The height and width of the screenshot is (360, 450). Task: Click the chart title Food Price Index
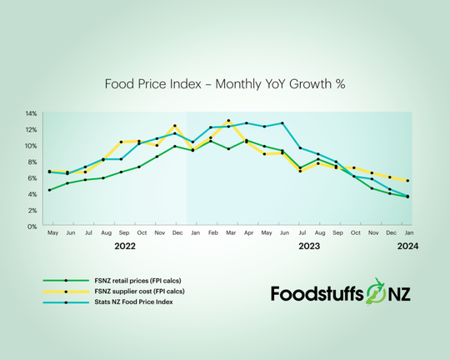pos(225,83)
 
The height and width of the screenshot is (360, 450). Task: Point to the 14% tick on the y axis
pos(31,113)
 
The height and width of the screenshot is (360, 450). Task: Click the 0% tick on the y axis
pos(32,227)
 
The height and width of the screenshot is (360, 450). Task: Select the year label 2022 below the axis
pos(124,247)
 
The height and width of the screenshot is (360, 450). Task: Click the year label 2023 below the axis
pos(310,247)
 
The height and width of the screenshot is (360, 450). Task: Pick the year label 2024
pos(407,247)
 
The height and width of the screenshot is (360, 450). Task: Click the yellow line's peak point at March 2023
pos(228,121)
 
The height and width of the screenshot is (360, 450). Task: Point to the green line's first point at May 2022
pos(49,190)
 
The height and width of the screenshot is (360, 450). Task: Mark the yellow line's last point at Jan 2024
pos(407,181)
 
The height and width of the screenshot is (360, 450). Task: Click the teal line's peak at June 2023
pos(282,123)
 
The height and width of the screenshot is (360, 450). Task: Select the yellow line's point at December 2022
pos(175,126)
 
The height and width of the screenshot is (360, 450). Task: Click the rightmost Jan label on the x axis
pos(407,234)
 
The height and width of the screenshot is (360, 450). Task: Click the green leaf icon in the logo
pos(389,292)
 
